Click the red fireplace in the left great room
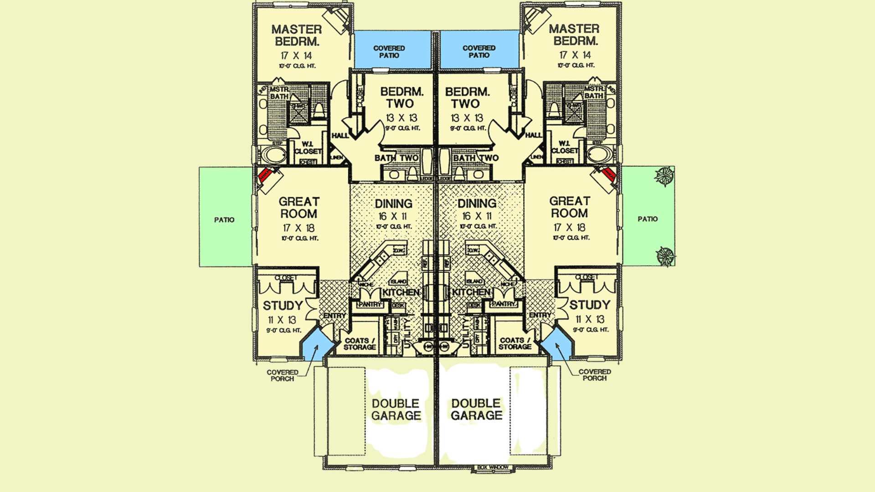click(x=264, y=175)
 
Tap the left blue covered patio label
click(x=389, y=51)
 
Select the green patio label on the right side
click(x=647, y=219)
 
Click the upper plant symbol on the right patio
click(x=664, y=176)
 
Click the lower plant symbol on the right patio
click(x=665, y=256)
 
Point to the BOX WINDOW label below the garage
click(x=493, y=467)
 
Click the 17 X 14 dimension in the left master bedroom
click(x=296, y=56)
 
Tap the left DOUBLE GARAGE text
click(x=396, y=410)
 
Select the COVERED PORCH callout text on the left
click(x=283, y=375)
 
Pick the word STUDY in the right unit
click(x=589, y=305)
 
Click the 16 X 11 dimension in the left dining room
click(x=393, y=216)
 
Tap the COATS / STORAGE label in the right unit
click(x=515, y=343)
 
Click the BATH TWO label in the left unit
click(x=396, y=158)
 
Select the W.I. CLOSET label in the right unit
click(x=564, y=147)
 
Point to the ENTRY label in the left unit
click(x=335, y=316)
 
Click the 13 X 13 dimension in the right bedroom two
click(x=467, y=118)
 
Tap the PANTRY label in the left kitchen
click(x=370, y=304)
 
